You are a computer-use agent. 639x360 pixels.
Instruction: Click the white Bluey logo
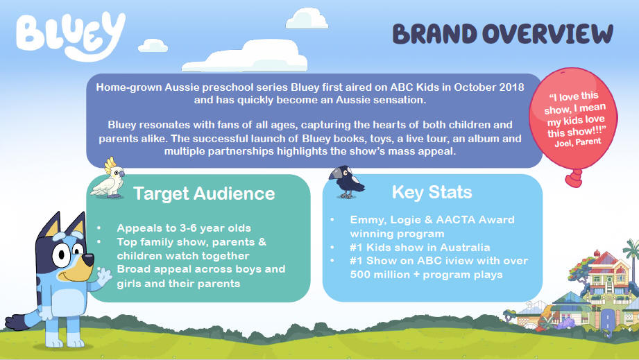[70, 36]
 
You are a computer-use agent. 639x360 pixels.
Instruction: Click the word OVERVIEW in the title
[547, 33]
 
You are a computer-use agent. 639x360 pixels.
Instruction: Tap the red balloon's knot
[574, 178]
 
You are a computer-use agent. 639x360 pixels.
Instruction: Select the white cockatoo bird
[108, 178]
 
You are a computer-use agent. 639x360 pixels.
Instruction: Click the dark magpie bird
[346, 182]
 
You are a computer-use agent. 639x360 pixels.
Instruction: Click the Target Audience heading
[204, 194]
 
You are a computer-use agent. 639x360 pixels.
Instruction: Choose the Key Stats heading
[432, 192]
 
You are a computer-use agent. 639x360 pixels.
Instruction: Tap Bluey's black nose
[87, 259]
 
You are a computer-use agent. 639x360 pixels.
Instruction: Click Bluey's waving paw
[104, 277]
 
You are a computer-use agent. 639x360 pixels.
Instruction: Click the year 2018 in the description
[511, 87]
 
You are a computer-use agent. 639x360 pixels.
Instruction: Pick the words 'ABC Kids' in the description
[414, 87]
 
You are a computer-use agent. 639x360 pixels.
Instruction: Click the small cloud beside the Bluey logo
[153, 46]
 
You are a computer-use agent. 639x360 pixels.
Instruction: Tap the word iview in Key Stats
[450, 261]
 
